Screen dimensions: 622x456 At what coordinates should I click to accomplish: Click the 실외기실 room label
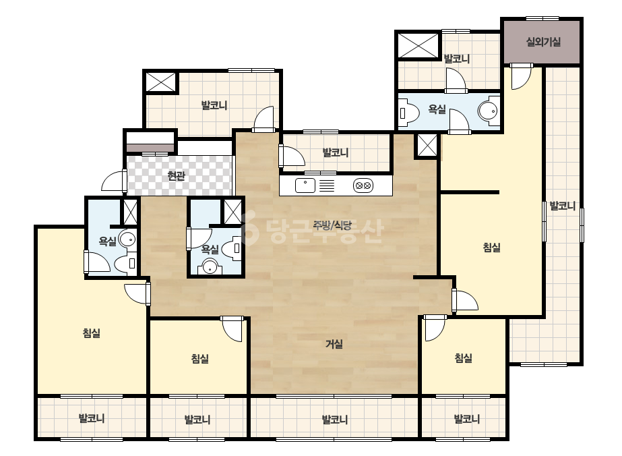(x=543, y=42)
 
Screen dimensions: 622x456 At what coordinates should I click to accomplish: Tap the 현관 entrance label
(x=176, y=175)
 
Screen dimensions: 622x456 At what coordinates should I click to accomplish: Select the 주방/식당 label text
(x=332, y=225)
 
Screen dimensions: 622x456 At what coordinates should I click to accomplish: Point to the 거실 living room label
(x=334, y=343)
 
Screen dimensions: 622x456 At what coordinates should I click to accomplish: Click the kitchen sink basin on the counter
(x=305, y=186)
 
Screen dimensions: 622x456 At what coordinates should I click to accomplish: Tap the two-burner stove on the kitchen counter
(x=363, y=186)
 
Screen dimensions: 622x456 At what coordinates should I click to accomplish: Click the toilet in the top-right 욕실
(x=409, y=113)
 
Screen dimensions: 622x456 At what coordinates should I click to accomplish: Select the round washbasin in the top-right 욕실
(x=488, y=111)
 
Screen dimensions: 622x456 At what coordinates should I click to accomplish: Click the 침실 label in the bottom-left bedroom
(x=91, y=333)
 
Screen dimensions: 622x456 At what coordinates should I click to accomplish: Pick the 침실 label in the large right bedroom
(x=491, y=248)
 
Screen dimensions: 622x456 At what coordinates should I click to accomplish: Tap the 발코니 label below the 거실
(x=334, y=420)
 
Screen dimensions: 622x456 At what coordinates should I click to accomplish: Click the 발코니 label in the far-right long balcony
(x=562, y=206)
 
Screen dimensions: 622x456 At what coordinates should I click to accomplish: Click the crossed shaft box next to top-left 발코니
(x=161, y=82)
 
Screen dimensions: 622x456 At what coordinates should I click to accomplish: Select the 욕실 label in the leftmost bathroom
(x=108, y=241)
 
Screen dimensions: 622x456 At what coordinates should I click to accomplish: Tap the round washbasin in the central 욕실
(x=210, y=267)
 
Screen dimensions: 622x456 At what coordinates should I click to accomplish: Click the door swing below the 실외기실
(x=521, y=76)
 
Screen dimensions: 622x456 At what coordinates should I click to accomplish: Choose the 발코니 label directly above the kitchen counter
(x=335, y=152)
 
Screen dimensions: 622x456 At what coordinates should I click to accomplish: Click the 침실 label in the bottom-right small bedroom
(x=464, y=358)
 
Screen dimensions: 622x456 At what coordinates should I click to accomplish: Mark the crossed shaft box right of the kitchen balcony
(x=427, y=146)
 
